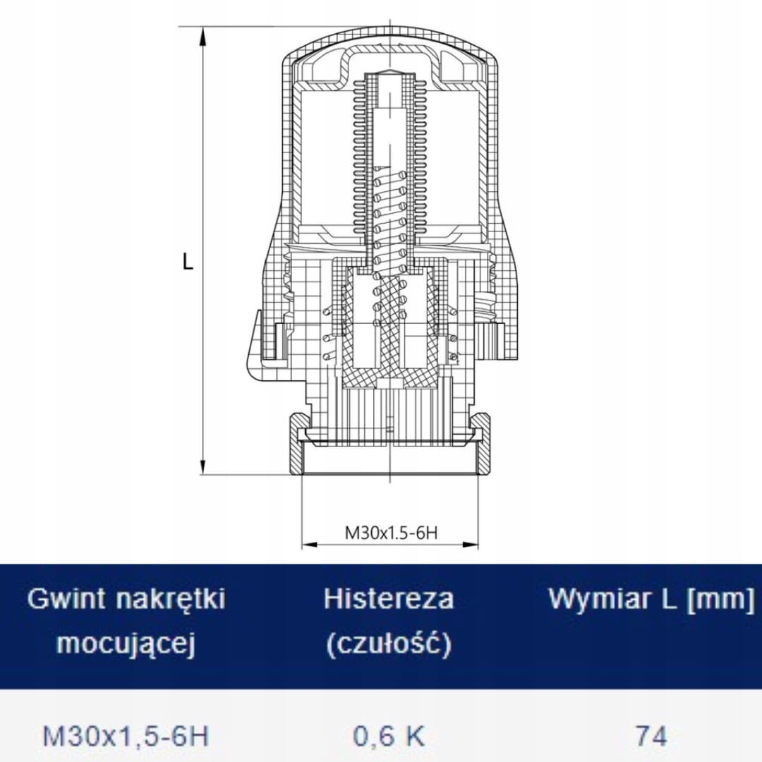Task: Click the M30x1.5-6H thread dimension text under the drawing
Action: click(x=391, y=533)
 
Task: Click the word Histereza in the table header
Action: click(x=389, y=598)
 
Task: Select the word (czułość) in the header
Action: click(x=389, y=644)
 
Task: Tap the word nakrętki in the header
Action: click(x=171, y=599)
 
